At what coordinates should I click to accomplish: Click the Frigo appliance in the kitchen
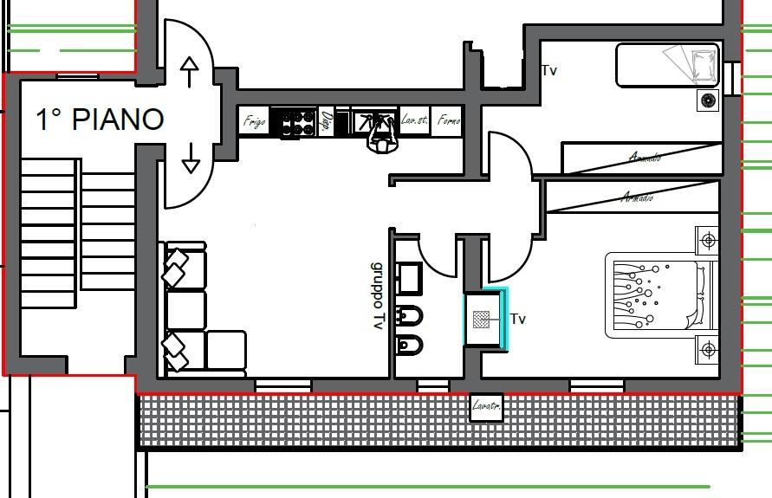pos(254,122)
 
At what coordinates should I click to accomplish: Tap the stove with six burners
pos(293,123)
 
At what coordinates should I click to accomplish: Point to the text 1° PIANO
pos(100,120)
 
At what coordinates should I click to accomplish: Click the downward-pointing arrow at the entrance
pos(190,157)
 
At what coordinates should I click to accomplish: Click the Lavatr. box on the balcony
pos(486,406)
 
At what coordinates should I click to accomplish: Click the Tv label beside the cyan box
pos(518,320)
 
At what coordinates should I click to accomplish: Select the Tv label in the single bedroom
pos(548,71)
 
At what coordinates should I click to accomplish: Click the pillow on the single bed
pos(698,63)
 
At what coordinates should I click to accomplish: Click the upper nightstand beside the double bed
pos(708,240)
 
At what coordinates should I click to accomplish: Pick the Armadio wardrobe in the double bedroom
pos(633,197)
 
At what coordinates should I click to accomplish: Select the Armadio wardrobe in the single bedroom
pos(642,158)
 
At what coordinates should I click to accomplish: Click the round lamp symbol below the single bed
pos(709,100)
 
